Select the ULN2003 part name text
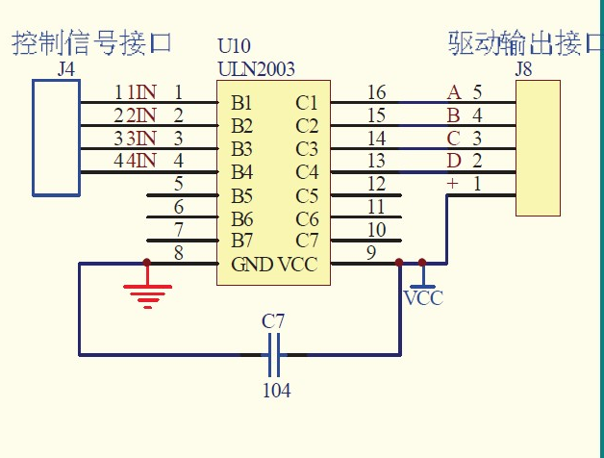256,69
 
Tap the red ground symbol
146,292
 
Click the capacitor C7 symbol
274,355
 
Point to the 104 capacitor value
276,391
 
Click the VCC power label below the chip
423,298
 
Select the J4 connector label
66,69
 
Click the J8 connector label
523,69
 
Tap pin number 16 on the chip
376,92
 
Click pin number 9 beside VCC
371,254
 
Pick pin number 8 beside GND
178,254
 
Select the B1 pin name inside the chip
241,102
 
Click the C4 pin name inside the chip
307,172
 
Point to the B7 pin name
241,241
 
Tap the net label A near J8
454,92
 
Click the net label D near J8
454,160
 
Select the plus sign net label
453,183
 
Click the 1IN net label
142,92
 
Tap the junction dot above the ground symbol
146,262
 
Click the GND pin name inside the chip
252,265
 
